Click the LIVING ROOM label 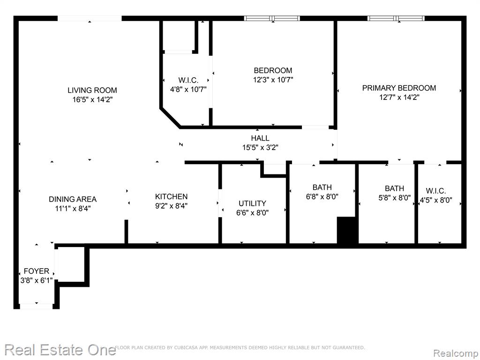[x=92, y=90]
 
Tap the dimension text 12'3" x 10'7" [x=273, y=80]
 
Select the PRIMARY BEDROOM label [x=399, y=88]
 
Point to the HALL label [x=260, y=138]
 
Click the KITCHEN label [x=171, y=196]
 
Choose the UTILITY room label [x=252, y=203]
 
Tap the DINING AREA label [x=73, y=199]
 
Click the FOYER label [x=37, y=271]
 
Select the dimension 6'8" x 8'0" [x=322, y=196]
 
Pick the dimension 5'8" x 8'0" [x=395, y=198]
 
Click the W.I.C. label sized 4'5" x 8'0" [x=436, y=191]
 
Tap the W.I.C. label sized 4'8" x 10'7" [x=188, y=81]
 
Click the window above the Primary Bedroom [x=396, y=18]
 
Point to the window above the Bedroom [x=272, y=18]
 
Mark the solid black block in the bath [x=347, y=230]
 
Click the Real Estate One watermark [x=60, y=350]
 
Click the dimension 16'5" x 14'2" [x=92, y=99]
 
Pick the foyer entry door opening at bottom [x=37, y=306]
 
